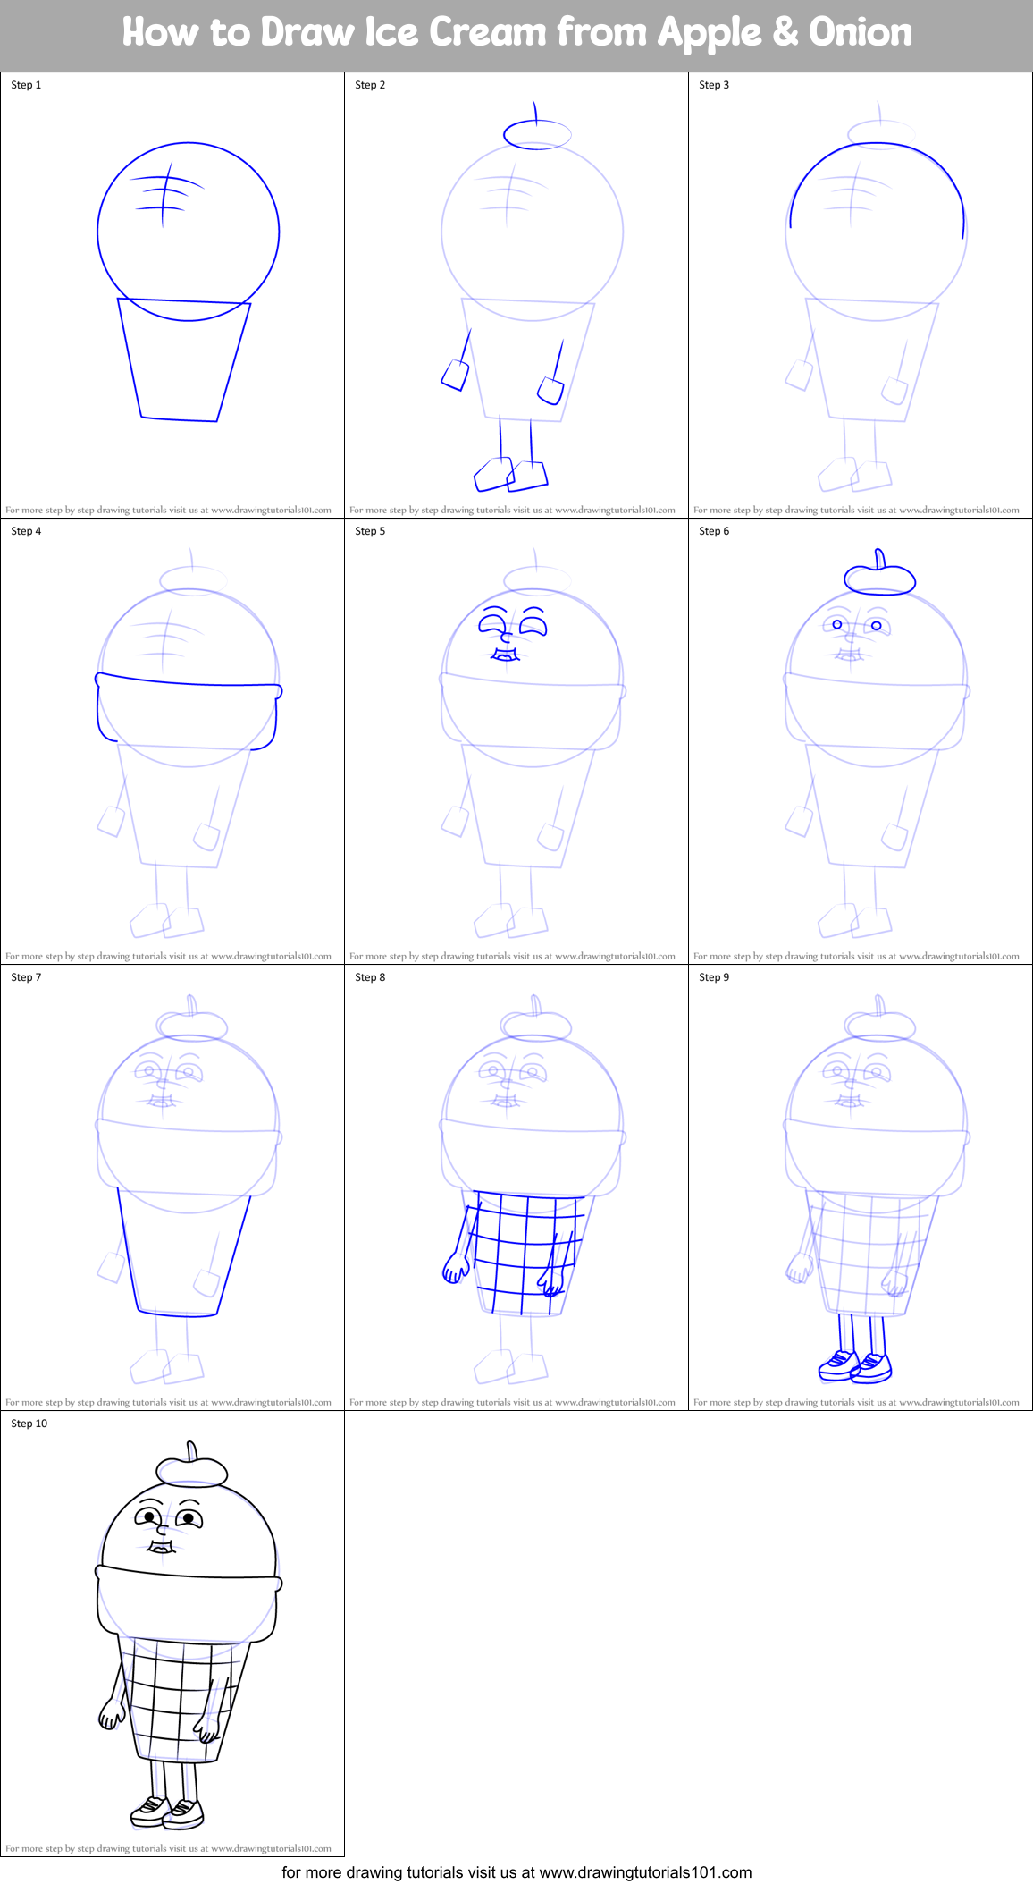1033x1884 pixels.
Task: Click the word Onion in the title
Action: point(860,33)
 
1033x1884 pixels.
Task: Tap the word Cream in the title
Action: point(487,33)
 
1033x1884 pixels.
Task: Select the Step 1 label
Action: point(26,85)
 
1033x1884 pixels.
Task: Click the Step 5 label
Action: point(370,531)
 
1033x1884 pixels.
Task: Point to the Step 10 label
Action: point(29,1424)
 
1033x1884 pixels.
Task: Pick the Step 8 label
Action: point(370,977)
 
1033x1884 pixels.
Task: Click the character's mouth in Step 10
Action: point(161,1547)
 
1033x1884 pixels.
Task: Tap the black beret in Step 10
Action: point(191,1470)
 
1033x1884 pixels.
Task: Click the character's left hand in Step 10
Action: point(112,1714)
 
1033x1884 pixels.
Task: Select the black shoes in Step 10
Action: point(167,1812)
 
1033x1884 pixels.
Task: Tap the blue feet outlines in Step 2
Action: point(510,475)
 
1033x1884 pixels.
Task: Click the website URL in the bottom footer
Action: point(645,1872)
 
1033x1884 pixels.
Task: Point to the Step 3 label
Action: point(714,85)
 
